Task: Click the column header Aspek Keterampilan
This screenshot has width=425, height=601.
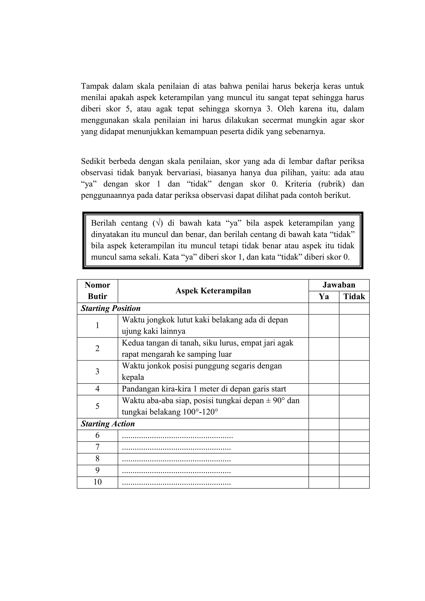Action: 213,291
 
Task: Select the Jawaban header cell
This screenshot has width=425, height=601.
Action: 339,285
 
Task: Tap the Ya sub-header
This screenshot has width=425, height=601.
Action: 324,297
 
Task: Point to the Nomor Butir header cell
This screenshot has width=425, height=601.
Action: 97,291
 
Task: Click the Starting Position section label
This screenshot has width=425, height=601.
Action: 111,308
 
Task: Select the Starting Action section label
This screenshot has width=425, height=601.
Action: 108,424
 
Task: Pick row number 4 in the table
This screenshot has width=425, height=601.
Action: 97,389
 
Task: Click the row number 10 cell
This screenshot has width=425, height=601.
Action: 97,482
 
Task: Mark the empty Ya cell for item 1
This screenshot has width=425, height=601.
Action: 324,326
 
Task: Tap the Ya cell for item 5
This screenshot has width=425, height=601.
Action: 324,406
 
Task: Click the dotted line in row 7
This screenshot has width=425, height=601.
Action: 176,448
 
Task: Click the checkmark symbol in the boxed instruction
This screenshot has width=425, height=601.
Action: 158,223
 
